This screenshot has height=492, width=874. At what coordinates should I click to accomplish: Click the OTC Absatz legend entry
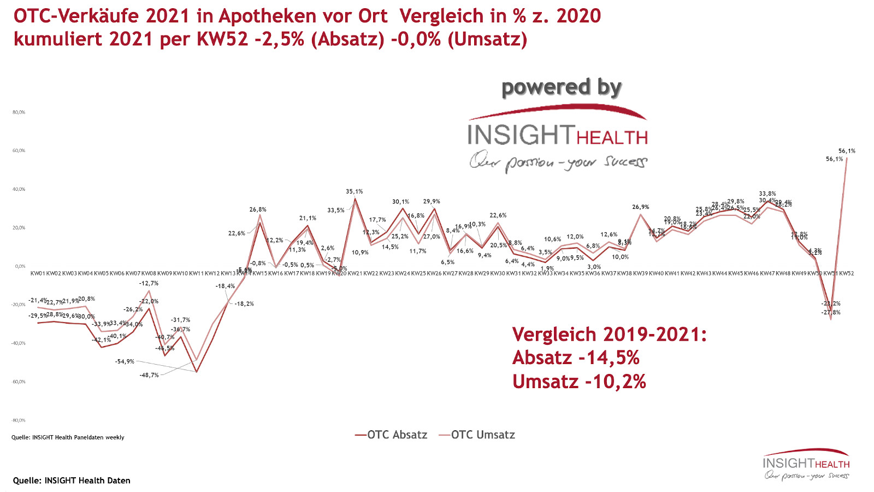pyautogui.click(x=391, y=435)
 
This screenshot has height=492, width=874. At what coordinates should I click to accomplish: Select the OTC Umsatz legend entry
pyautogui.click(x=477, y=435)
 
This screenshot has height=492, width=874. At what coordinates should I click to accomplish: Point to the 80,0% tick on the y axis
pyautogui.click(x=19, y=113)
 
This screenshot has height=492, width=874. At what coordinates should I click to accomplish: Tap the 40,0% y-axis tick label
pyautogui.click(x=19, y=190)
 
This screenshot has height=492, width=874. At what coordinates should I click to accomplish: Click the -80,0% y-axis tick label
pyautogui.click(x=19, y=420)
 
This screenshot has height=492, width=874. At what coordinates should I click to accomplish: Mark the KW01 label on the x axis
pyautogui.click(x=38, y=273)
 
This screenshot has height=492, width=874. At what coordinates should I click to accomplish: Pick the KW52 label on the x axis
pyautogui.click(x=846, y=273)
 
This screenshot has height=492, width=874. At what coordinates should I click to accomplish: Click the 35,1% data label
pyautogui.click(x=354, y=192)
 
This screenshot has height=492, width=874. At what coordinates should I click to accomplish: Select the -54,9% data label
pyautogui.click(x=125, y=362)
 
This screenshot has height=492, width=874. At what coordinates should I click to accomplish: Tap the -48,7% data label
pyautogui.click(x=149, y=376)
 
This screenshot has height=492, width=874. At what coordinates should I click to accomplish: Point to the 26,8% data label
pyautogui.click(x=258, y=210)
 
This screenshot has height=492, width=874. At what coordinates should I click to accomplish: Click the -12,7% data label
pyautogui.click(x=149, y=284)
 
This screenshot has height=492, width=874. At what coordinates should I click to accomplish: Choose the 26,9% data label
pyautogui.click(x=641, y=208)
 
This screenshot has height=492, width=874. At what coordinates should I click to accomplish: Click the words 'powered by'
pyautogui.click(x=562, y=87)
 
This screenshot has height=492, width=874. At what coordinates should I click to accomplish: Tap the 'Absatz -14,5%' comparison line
pyautogui.click(x=576, y=358)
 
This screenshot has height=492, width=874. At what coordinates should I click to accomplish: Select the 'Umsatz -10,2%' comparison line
pyautogui.click(x=579, y=382)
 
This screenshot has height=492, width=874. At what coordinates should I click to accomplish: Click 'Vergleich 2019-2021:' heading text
pyautogui.click(x=610, y=335)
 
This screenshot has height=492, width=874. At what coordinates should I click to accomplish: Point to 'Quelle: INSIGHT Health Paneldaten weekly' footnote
pyautogui.click(x=68, y=437)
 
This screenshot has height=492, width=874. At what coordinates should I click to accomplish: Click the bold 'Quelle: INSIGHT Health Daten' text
pyautogui.click(x=72, y=481)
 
